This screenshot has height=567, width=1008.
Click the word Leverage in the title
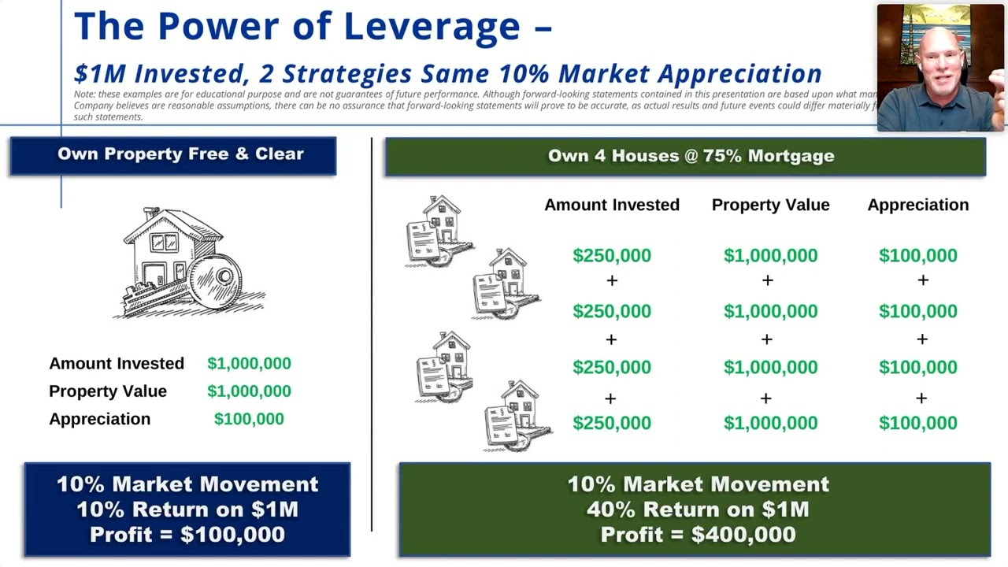[432, 27]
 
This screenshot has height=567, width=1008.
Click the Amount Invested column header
[611, 205]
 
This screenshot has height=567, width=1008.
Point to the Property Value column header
[770, 205]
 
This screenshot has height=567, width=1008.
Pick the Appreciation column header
[917, 205]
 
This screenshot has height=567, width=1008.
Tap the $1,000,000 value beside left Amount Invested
[249, 363]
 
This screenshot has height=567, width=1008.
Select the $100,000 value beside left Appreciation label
[249, 419]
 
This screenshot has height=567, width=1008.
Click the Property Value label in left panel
[108, 391]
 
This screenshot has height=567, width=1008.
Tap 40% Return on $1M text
[698, 510]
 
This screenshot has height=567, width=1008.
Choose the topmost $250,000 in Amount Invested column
[612, 256]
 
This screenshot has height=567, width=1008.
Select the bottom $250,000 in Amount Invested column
[612, 423]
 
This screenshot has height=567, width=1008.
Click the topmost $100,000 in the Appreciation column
[917, 256]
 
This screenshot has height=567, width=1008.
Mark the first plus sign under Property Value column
[767, 280]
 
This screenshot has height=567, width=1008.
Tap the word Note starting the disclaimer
[83, 94]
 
